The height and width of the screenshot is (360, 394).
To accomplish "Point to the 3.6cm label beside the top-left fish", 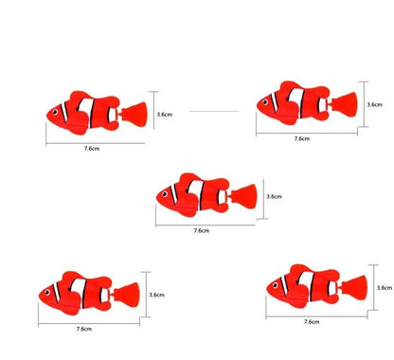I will point(164,114).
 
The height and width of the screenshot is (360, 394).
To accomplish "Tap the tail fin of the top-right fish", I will point(347,102).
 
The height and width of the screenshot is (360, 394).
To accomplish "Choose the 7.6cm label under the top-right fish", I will point(301,137).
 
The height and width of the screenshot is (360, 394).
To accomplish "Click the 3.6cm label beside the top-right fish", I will point(373,105).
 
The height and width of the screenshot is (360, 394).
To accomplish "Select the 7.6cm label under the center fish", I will point(201,230).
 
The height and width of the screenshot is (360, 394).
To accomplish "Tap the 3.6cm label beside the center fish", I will point(274,197).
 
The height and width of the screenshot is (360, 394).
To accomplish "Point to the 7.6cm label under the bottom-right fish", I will point(312,321).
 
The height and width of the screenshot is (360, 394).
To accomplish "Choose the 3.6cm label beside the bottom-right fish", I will point(385,287).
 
